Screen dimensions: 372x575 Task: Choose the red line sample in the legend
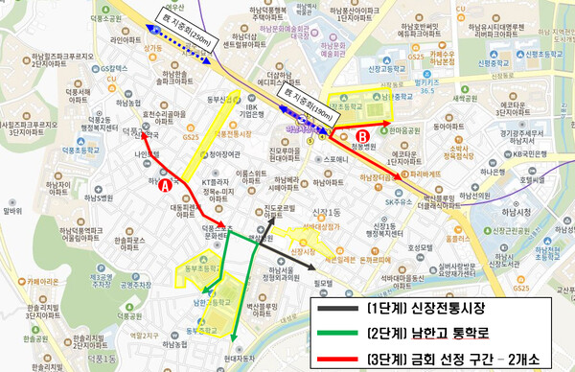click(337, 355)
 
